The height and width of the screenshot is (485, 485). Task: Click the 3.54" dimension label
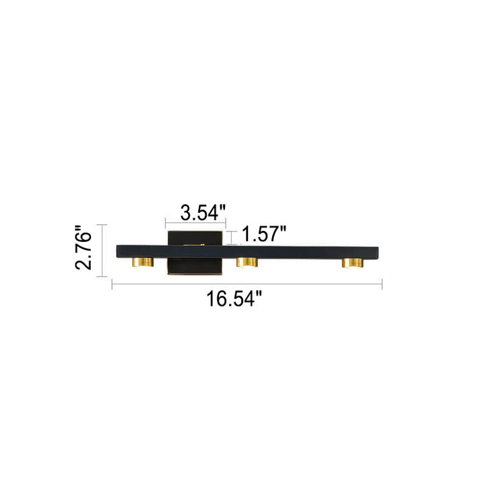[x=203, y=212]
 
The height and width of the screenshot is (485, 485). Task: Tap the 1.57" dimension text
[x=264, y=234]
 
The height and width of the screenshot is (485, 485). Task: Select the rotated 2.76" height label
[x=84, y=248]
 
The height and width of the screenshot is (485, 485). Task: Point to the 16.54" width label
[x=234, y=299]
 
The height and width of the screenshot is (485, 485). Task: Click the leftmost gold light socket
[x=143, y=262]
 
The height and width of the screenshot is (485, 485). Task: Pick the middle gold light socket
[x=247, y=262]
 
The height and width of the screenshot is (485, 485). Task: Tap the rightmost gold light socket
[x=352, y=263]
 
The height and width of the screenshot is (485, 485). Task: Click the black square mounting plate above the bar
[x=195, y=238]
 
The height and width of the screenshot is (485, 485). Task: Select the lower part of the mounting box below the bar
[x=195, y=265]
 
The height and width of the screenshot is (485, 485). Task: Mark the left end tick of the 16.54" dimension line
[x=112, y=284]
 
